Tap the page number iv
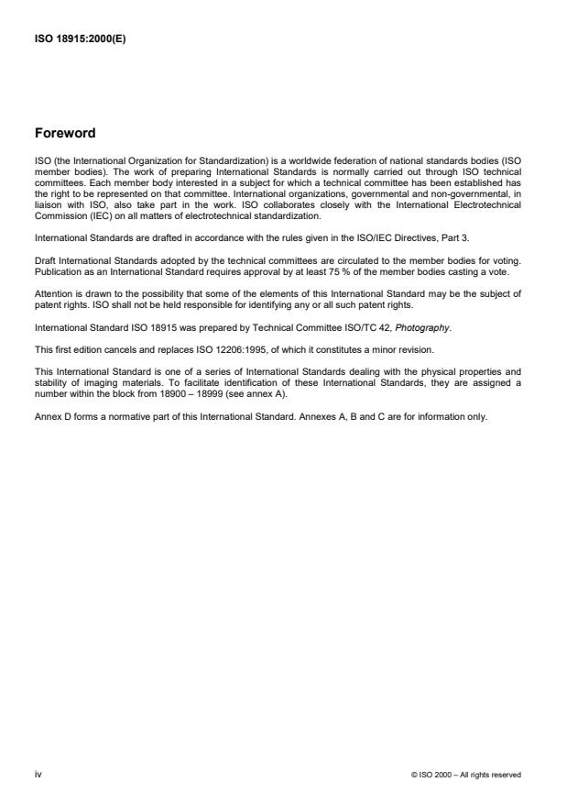(38, 775)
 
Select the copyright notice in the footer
(467, 775)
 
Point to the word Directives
(399, 236)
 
